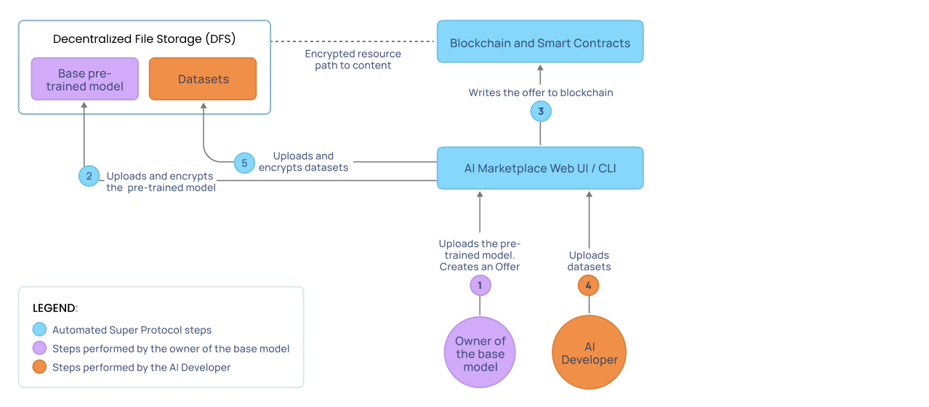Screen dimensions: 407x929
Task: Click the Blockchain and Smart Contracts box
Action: point(540,42)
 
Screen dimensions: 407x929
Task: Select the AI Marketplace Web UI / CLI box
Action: point(540,169)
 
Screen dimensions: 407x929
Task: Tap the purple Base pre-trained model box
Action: point(85,79)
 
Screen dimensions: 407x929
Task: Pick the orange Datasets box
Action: point(203,79)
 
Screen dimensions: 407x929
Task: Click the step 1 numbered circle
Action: point(480,285)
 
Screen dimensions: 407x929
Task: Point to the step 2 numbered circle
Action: point(89,176)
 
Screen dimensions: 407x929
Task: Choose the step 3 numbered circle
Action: point(540,111)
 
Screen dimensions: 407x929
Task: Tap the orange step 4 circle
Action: point(589,285)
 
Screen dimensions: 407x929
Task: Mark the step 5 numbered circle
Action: point(244,163)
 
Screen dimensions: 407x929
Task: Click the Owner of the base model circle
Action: point(480,352)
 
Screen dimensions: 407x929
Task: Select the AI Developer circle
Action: point(589,352)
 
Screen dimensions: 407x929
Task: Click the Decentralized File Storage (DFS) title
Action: point(144,39)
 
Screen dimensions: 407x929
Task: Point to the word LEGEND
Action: point(55,308)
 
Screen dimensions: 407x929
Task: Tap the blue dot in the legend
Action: point(40,330)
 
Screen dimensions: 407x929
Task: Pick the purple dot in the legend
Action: point(40,349)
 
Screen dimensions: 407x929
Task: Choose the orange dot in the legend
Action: point(40,368)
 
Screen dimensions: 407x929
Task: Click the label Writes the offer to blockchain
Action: point(541,93)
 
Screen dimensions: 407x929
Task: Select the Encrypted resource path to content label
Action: point(353,60)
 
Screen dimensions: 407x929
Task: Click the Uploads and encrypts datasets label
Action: point(304,161)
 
